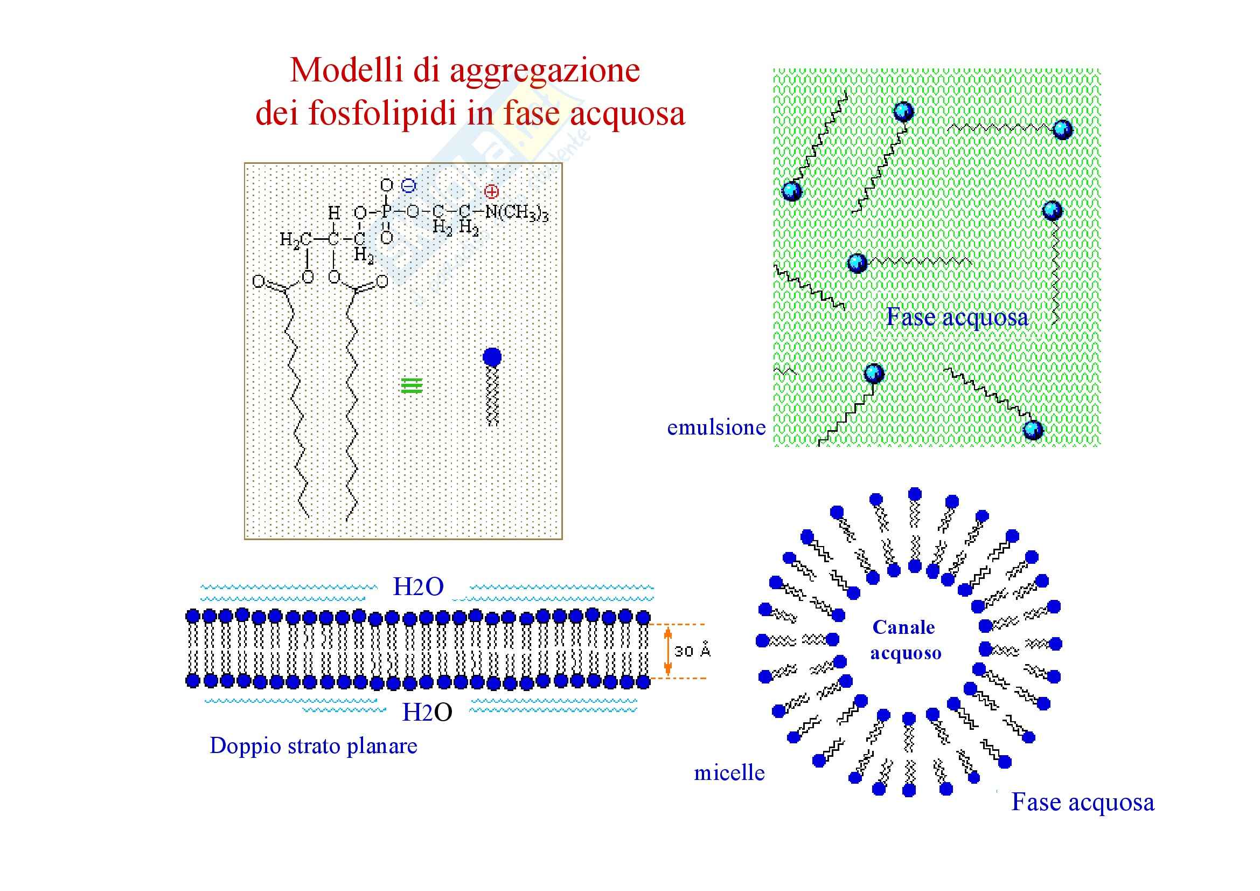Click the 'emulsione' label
[x=716, y=427]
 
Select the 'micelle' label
[x=729, y=773]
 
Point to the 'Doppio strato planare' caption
[x=314, y=745]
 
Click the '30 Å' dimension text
[x=692, y=651]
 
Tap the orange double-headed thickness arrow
[x=667, y=651]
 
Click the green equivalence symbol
[x=412, y=386]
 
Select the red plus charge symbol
[x=491, y=191]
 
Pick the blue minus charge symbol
[x=408, y=186]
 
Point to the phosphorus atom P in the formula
[x=386, y=212]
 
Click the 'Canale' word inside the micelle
[x=903, y=627]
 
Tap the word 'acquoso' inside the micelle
[x=906, y=653]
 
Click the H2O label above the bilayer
[x=418, y=588]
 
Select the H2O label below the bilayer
[x=427, y=713]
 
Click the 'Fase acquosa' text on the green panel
[x=957, y=317]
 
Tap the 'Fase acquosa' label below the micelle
[x=1083, y=802]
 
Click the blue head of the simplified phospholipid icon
[x=492, y=357]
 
